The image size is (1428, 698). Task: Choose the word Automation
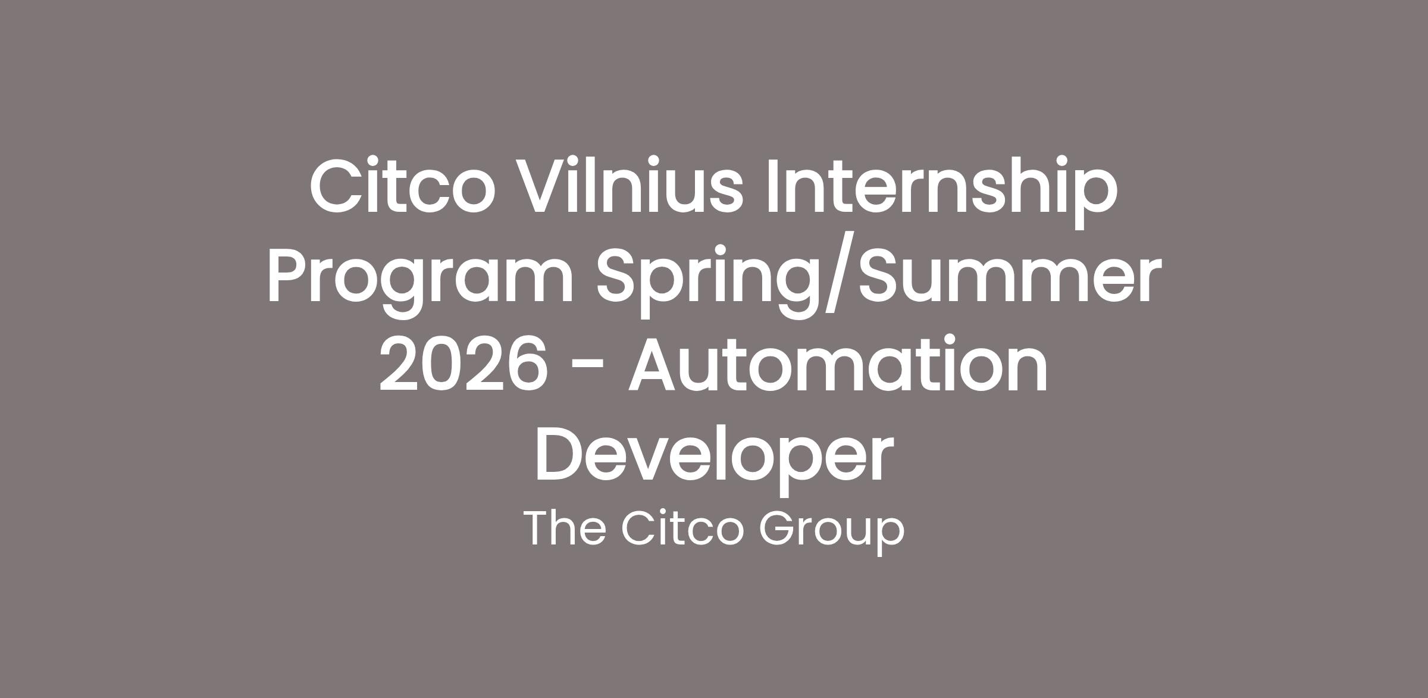tap(838, 362)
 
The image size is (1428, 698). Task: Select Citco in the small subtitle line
tap(682, 528)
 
